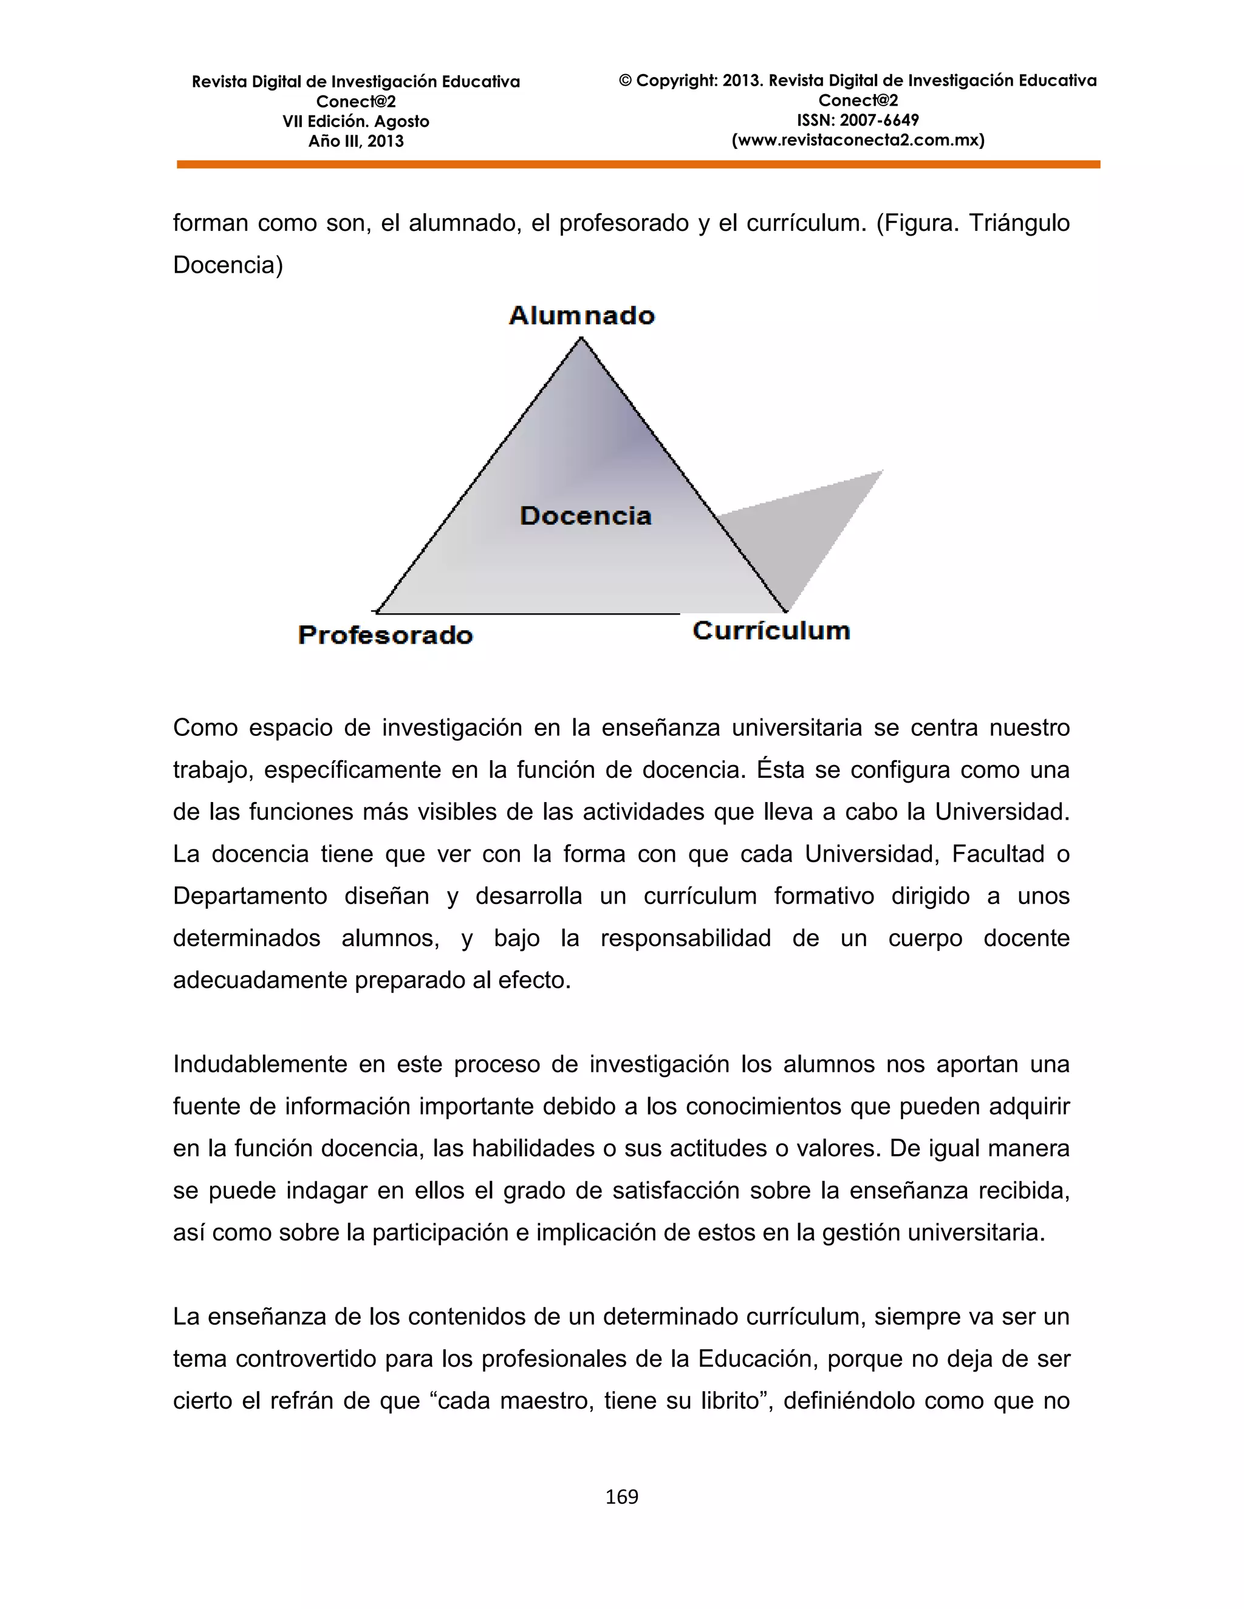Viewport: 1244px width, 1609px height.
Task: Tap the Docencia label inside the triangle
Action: [586, 515]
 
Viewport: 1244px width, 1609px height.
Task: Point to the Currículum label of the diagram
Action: [771, 631]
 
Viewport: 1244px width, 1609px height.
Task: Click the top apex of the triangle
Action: [581, 339]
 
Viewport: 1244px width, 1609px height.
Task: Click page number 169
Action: [621, 1496]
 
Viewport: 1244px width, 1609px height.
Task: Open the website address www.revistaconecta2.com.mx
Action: [858, 140]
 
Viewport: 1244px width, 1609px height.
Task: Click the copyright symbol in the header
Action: [626, 81]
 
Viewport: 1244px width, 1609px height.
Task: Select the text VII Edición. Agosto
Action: [355, 121]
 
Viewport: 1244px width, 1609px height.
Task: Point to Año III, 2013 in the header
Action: [355, 141]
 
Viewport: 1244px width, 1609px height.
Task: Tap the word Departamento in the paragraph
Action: [249, 896]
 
